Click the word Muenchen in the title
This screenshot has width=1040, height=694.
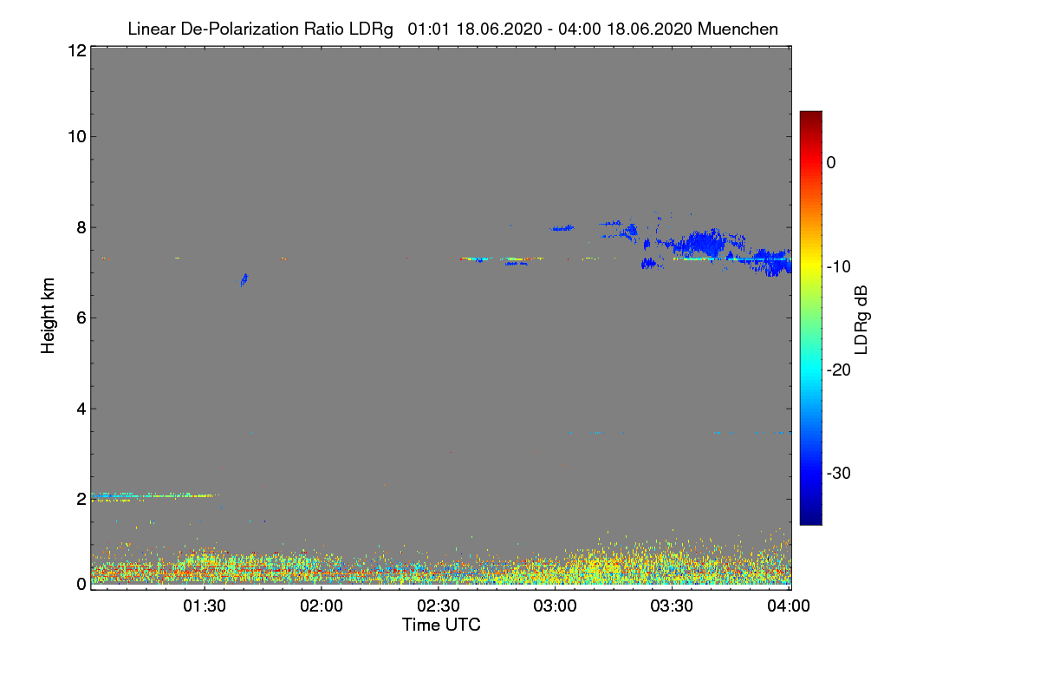[738, 29]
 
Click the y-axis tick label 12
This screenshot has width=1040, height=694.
[75, 51]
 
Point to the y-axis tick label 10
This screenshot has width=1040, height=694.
[75, 136]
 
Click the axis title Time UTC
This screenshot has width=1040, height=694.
[441, 625]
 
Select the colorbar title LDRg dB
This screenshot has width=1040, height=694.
[861, 318]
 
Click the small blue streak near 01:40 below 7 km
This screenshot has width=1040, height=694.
[244, 279]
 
